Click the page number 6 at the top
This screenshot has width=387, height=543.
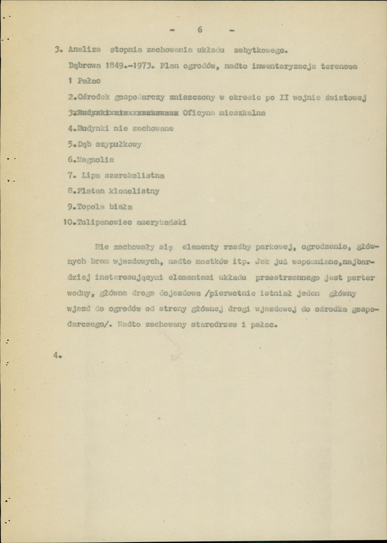click(199, 30)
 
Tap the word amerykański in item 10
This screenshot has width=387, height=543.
click(161, 222)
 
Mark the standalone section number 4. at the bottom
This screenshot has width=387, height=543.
click(57, 356)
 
